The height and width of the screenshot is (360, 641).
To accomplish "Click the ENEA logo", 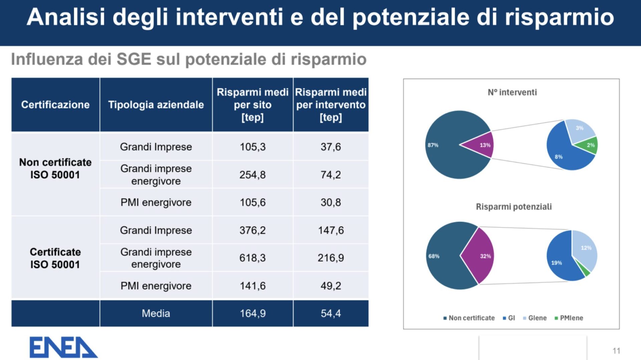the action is tap(63, 347).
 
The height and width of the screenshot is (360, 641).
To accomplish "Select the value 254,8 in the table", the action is tap(252, 174).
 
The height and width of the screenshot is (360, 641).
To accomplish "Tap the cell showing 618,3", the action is tap(252, 258).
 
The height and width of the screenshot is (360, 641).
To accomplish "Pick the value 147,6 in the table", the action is tap(331, 230).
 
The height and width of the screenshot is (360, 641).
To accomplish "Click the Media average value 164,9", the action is tap(252, 313).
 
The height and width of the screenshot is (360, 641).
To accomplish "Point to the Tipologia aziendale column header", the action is tap(156, 105).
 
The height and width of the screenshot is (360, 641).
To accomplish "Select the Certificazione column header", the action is tap(55, 105).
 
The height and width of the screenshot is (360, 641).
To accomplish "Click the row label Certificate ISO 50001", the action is tap(55, 258).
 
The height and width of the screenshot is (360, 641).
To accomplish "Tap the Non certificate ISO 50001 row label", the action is tap(55, 168).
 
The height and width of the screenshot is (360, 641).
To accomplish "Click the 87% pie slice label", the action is tap(433, 145).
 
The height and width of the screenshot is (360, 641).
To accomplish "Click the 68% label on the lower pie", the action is tap(434, 256).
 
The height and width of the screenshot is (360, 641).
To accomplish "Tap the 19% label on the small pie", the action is tap(557, 263).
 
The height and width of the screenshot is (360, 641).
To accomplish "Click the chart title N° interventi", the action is tap(512, 92).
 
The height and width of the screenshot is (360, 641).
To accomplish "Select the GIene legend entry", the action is tap(535, 318).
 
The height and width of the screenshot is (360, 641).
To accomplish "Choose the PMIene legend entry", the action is tap(569, 318).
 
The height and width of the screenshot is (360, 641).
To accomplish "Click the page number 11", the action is tap(616, 351).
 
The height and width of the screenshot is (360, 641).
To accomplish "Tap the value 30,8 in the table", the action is tap(331, 202).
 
